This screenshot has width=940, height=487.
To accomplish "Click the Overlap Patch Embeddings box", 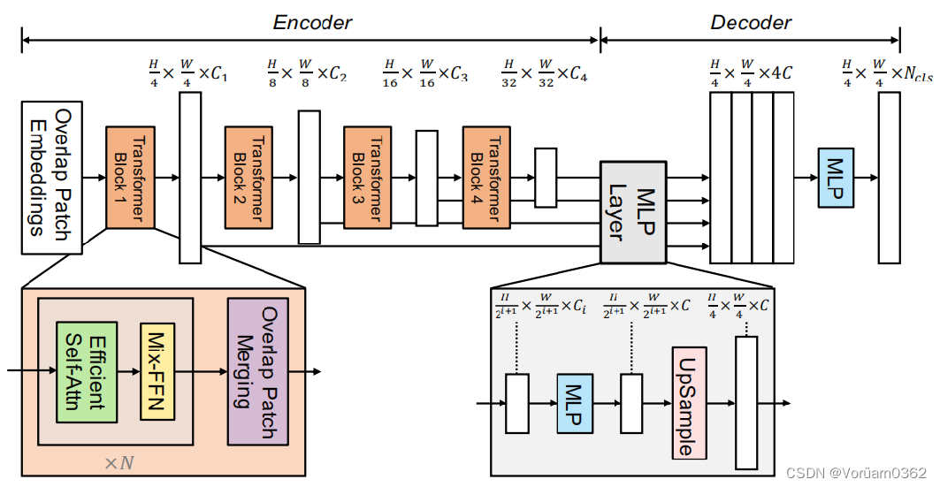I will (51, 177).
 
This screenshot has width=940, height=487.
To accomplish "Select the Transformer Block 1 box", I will (130, 177).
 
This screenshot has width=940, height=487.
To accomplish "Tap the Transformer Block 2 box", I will (248, 177).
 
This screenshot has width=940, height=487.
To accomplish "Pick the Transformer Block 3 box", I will (368, 177).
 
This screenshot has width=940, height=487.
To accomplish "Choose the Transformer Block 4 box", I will (486, 177).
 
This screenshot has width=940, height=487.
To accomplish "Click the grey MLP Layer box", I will (632, 212).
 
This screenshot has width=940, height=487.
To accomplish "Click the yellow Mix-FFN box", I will (158, 371).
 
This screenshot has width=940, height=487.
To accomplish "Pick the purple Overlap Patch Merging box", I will (258, 370).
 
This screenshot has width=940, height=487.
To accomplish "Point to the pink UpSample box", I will (690, 403).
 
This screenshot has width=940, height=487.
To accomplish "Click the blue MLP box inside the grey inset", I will (575, 403).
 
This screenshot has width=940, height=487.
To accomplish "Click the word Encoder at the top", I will (311, 23).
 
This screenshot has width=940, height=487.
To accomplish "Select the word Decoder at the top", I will (751, 23).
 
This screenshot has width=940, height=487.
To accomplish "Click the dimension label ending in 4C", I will (750, 70).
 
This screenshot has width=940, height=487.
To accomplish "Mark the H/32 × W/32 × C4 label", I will (544, 70).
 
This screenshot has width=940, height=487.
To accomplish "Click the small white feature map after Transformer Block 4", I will (546, 177).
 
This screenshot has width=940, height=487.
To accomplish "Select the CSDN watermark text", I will (855, 473).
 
